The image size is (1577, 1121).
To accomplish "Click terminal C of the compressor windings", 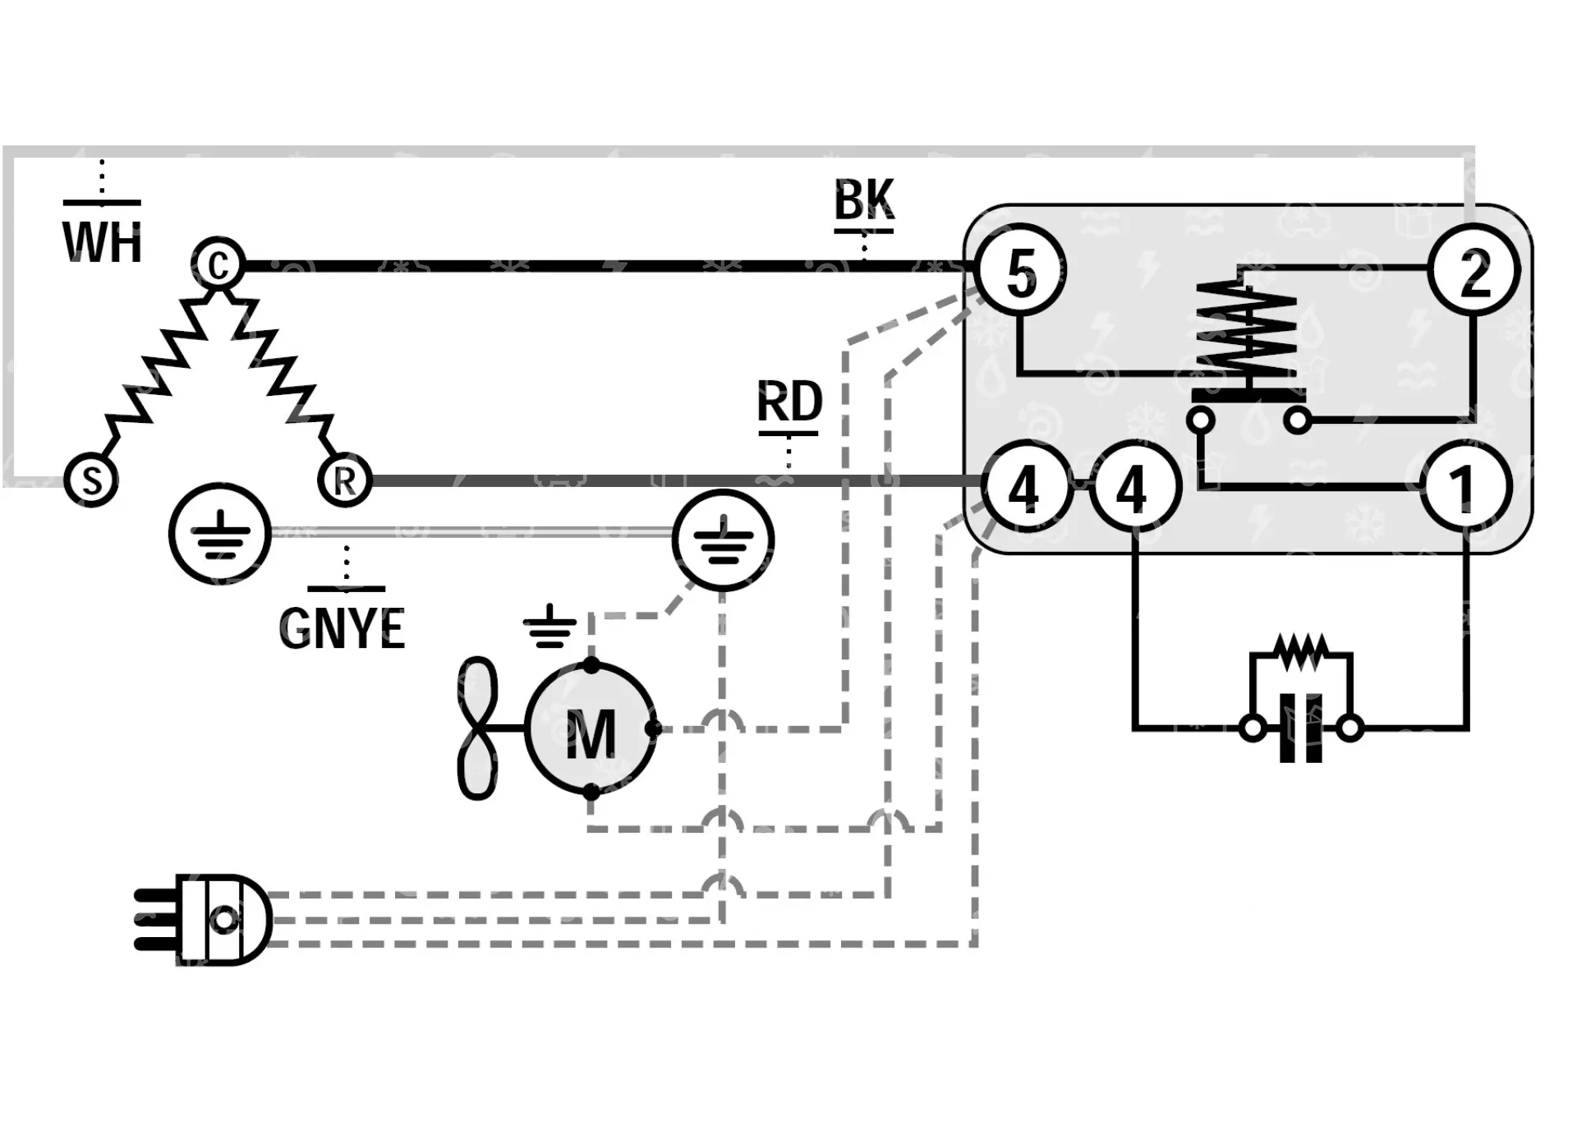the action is [x=218, y=264].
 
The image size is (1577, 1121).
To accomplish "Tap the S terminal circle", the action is [x=91, y=480].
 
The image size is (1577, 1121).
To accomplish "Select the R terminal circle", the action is [x=345, y=480].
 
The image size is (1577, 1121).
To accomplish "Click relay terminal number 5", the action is [x=1021, y=271].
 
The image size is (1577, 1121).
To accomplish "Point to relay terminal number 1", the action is [x=1465, y=489].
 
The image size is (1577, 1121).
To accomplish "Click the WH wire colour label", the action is [x=103, y=242].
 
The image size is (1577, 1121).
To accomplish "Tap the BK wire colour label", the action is [x=864, y=200].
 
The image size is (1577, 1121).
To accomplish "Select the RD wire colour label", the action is [x=789, y=402].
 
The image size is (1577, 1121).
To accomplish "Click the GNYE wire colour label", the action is [x=343, y=628].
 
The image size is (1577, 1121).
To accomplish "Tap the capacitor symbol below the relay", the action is [x=1301, y=728].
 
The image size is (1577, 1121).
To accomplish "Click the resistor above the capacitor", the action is [x=1300, y=653].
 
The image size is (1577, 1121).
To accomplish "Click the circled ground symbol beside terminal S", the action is [x=219, y=534].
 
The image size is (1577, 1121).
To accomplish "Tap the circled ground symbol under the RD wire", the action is [x=723, y=540].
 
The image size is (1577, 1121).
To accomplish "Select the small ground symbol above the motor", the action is [x=549, y=627].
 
